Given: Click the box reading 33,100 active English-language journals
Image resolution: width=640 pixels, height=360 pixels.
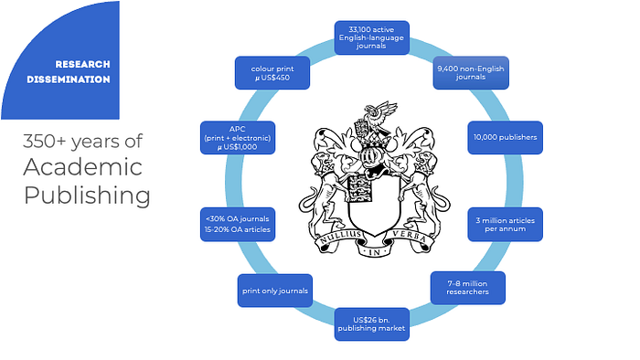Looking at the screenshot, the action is tap(371, 37).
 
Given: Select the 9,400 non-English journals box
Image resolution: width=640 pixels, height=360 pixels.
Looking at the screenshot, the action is tap(471, 72).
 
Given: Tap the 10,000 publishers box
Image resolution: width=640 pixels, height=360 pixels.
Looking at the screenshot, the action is tap(505, 137).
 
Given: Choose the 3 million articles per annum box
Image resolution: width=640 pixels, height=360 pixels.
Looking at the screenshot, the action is tap(505, 224).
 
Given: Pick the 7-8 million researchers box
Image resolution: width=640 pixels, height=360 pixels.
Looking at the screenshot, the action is tap(468, 288).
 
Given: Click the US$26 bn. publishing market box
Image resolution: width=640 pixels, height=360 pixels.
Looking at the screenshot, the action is tap(371, 324).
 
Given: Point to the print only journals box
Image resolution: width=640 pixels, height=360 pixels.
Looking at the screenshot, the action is tap(275, 291).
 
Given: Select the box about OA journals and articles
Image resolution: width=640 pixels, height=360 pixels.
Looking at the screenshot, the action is tap(238, 224).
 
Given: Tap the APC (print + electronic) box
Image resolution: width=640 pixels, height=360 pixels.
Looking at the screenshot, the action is tap(238, 138).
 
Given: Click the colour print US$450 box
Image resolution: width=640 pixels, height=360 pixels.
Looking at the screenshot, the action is tap(272, 72).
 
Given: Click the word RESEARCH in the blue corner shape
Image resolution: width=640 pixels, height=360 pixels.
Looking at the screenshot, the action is tap(82, 65).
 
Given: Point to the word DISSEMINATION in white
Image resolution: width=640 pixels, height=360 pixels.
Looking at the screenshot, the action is tap(69, 79).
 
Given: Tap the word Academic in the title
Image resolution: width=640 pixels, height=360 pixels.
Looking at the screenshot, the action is tap(83, 167).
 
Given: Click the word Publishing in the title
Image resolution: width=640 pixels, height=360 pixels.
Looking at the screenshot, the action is tap(87, 196).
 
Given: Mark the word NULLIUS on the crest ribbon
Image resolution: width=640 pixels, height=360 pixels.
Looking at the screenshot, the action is tap(340, 237).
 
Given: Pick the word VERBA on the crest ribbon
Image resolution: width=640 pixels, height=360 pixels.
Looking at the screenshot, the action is tap(410, 237).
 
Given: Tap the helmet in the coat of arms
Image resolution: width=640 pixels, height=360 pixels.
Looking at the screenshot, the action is tap(369, 154).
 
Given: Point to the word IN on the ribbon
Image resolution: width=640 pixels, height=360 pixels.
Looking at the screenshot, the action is tap(374, 253).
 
